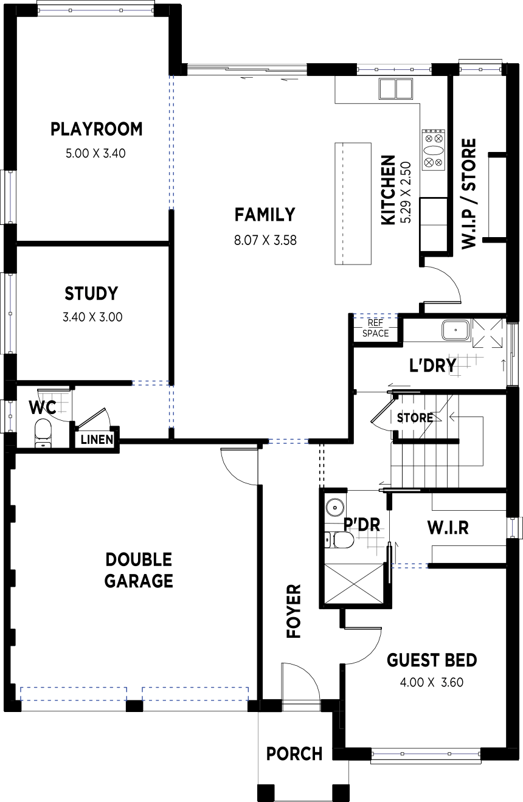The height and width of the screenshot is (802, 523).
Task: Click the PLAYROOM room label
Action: tap(96, 130)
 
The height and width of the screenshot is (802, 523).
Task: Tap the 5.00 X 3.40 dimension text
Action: tap(95, 154)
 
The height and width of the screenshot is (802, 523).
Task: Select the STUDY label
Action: tap(91, 294)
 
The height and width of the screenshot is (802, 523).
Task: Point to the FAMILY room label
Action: tap(265, 215)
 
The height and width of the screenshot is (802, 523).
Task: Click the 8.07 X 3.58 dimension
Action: tap(265, 240)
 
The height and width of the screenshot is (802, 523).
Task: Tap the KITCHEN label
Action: tap(389, 190)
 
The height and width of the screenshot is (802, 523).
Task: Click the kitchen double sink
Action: tap(395, 88)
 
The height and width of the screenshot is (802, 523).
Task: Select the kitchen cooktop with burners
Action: tap(434, 150)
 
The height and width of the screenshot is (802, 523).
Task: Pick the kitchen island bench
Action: tap(353, 204)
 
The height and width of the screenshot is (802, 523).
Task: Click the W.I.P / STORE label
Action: tap(469, 194)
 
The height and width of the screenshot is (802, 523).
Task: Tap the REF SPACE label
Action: tap(375, 328)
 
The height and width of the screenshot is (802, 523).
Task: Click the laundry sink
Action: tap(455, 330)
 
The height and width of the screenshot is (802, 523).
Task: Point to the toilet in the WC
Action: tap(43, 433)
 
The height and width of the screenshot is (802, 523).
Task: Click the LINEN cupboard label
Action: tap(97, 440)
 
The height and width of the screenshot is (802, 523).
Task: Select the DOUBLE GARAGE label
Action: tap(139, 570)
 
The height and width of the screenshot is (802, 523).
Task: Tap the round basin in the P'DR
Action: tap(335, 507)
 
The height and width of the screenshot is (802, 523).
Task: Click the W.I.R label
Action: tap(448, 528)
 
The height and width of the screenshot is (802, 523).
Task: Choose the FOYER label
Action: tap(294, 611)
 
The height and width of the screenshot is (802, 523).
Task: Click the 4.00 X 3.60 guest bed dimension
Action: tap(432, 683)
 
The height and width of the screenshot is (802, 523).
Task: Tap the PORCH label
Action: tap(294, 754)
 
